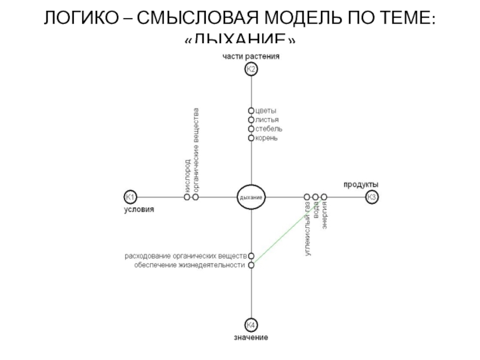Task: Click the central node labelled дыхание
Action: pos(251,197)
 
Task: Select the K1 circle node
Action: pos(130,197)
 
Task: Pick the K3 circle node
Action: pos(372,197)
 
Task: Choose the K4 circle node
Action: pos(251,325)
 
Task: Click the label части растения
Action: pos(251,56)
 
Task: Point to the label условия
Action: pos(139,210)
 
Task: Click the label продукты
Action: pos(361,184)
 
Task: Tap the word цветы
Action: pos(266,111)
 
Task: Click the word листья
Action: pos(268,120)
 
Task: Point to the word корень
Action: pos(267,138)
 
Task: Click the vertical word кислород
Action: pos(187,175)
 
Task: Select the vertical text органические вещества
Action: pos(196,150)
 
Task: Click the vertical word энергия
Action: pos(324,217)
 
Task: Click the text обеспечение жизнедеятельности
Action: pos(190,265)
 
